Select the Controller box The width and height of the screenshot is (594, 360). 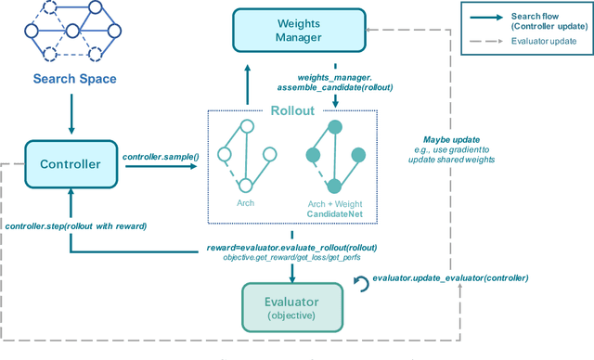click(x=71, y=164)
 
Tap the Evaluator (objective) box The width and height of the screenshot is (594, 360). click(x=292, y=306)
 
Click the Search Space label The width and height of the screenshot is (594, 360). click(x=75, y=79)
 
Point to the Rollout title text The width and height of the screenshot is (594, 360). click(x=292, y=109)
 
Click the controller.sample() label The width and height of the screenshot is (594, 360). click(x=161, y=157)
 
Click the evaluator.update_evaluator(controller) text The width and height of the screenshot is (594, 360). click(x=450, y=277)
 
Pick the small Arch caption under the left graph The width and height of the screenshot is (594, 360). click(x=245, y=201)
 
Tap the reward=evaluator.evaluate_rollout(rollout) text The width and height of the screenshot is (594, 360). click(x=292, y=246)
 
